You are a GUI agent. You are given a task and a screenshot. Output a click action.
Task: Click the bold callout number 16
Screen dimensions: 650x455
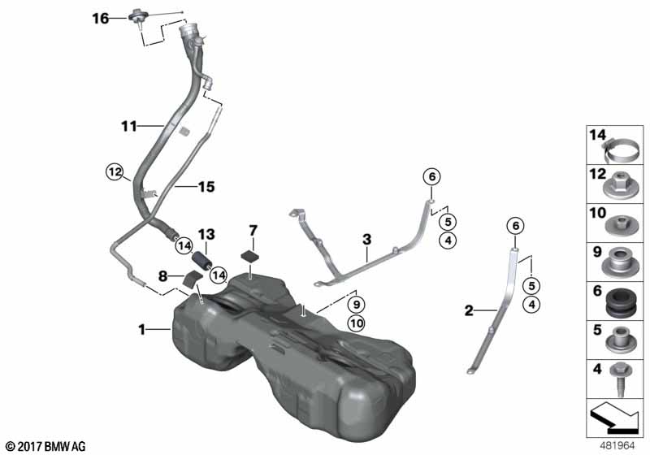100,19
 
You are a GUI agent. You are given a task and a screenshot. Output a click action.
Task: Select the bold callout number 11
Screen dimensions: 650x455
129,126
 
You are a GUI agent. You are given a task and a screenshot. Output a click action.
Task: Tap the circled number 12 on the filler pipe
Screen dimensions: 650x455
115,171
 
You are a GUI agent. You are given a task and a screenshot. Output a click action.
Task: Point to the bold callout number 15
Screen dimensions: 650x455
206,187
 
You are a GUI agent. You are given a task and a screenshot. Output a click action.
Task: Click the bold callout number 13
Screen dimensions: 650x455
206,235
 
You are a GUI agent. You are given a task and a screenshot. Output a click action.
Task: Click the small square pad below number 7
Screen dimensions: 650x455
251,256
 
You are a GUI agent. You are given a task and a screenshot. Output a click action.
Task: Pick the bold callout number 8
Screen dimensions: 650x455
163,275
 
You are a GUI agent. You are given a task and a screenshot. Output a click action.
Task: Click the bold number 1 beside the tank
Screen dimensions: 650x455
141,330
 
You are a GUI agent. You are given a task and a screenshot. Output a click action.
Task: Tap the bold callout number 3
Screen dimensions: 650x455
367,240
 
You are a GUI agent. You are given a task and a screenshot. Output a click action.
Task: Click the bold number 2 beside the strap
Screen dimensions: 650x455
469,310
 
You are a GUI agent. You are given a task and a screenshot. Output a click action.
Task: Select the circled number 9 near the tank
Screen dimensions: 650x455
357,304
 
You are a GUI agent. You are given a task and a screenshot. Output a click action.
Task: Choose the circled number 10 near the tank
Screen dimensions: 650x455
357,323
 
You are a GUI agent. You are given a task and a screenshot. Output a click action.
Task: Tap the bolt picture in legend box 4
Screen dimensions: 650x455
621,379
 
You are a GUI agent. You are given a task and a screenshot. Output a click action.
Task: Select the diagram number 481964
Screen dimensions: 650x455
617,446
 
